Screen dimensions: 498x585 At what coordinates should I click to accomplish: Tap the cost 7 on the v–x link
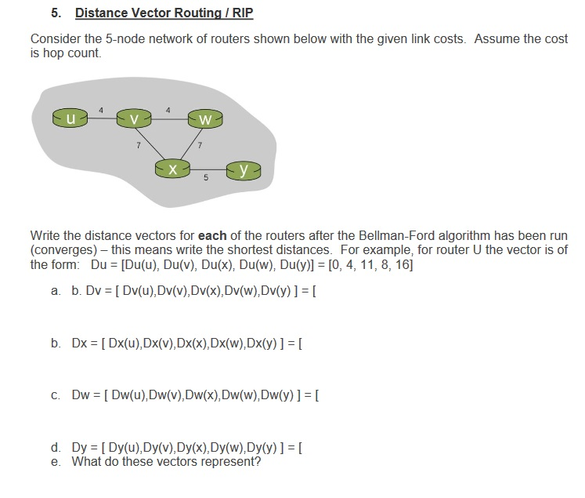[x=139, y=147]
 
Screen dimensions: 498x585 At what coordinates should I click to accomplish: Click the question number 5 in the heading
[x=55, y=13]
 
